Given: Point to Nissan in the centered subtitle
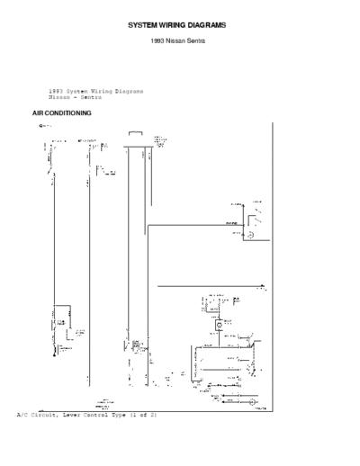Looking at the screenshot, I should pos(179,42).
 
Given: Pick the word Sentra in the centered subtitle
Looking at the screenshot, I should pos(200,42).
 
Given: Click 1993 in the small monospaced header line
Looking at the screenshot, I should pos(56,91).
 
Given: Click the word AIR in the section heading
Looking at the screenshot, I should pos(39,114).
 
